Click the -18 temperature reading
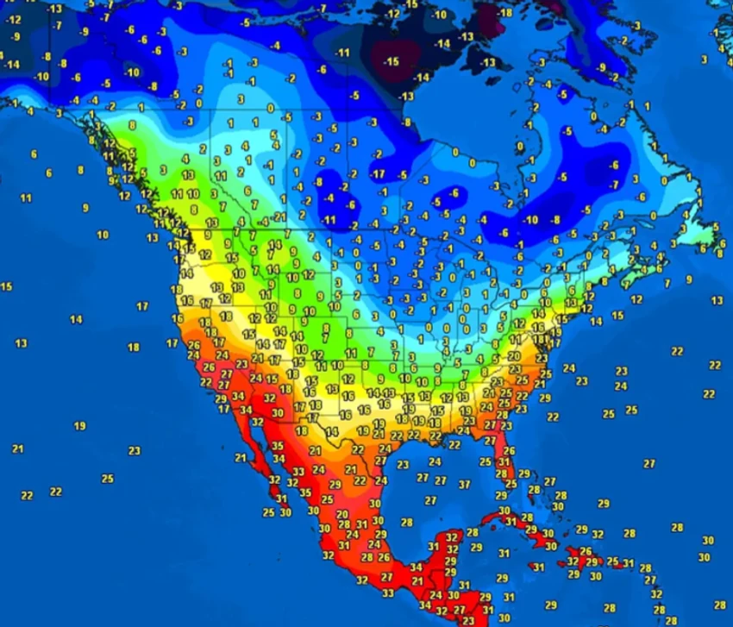point(505,13)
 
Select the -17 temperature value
point(378,175)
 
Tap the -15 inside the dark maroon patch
point(392,61)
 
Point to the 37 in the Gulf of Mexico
point(465,484)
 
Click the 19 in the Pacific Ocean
point(79,426)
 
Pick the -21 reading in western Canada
point(279,216)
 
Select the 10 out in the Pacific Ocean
point(103,235)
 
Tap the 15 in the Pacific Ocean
point(6,286)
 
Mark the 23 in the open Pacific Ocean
point(134,450)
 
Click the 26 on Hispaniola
point(586,551)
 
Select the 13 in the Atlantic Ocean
point(717,300)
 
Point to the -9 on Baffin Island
point(601,67)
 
